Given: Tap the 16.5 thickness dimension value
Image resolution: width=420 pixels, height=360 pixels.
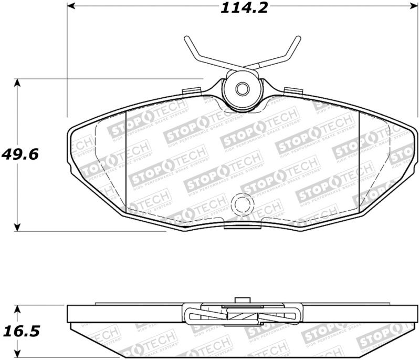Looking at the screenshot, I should [22, 332].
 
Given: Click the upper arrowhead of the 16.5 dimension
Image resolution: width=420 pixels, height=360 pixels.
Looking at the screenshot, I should [18, 309].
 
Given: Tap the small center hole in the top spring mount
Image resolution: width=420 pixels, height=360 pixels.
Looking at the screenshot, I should [241, 89].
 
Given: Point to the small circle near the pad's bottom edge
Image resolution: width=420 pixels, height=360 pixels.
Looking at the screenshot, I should [242, 203].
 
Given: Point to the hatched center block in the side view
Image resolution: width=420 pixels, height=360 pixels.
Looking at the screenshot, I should [242, 316].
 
